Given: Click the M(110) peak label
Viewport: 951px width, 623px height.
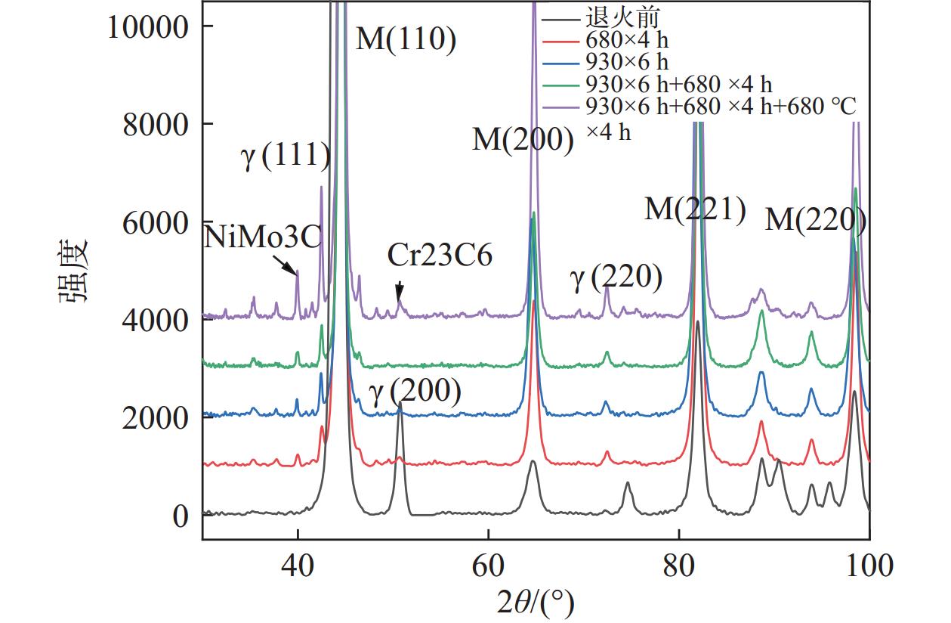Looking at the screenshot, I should point(406,39).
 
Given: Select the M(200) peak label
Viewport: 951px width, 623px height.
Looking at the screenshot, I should point(523,140).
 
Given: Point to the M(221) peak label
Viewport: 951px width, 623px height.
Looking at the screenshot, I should point(695,208).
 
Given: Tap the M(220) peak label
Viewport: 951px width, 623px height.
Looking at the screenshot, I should point(815,220).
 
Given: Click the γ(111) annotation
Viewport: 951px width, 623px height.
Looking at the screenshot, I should point(286,157).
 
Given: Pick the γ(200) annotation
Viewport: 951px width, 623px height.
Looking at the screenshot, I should point(415,392).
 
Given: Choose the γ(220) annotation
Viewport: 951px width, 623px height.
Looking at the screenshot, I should point(616,278).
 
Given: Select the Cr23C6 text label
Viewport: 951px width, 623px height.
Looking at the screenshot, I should point(440,256).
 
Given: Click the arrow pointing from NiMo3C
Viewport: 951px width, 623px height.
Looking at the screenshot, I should point(285,264).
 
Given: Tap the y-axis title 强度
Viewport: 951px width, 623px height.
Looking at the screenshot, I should point(73,270).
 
